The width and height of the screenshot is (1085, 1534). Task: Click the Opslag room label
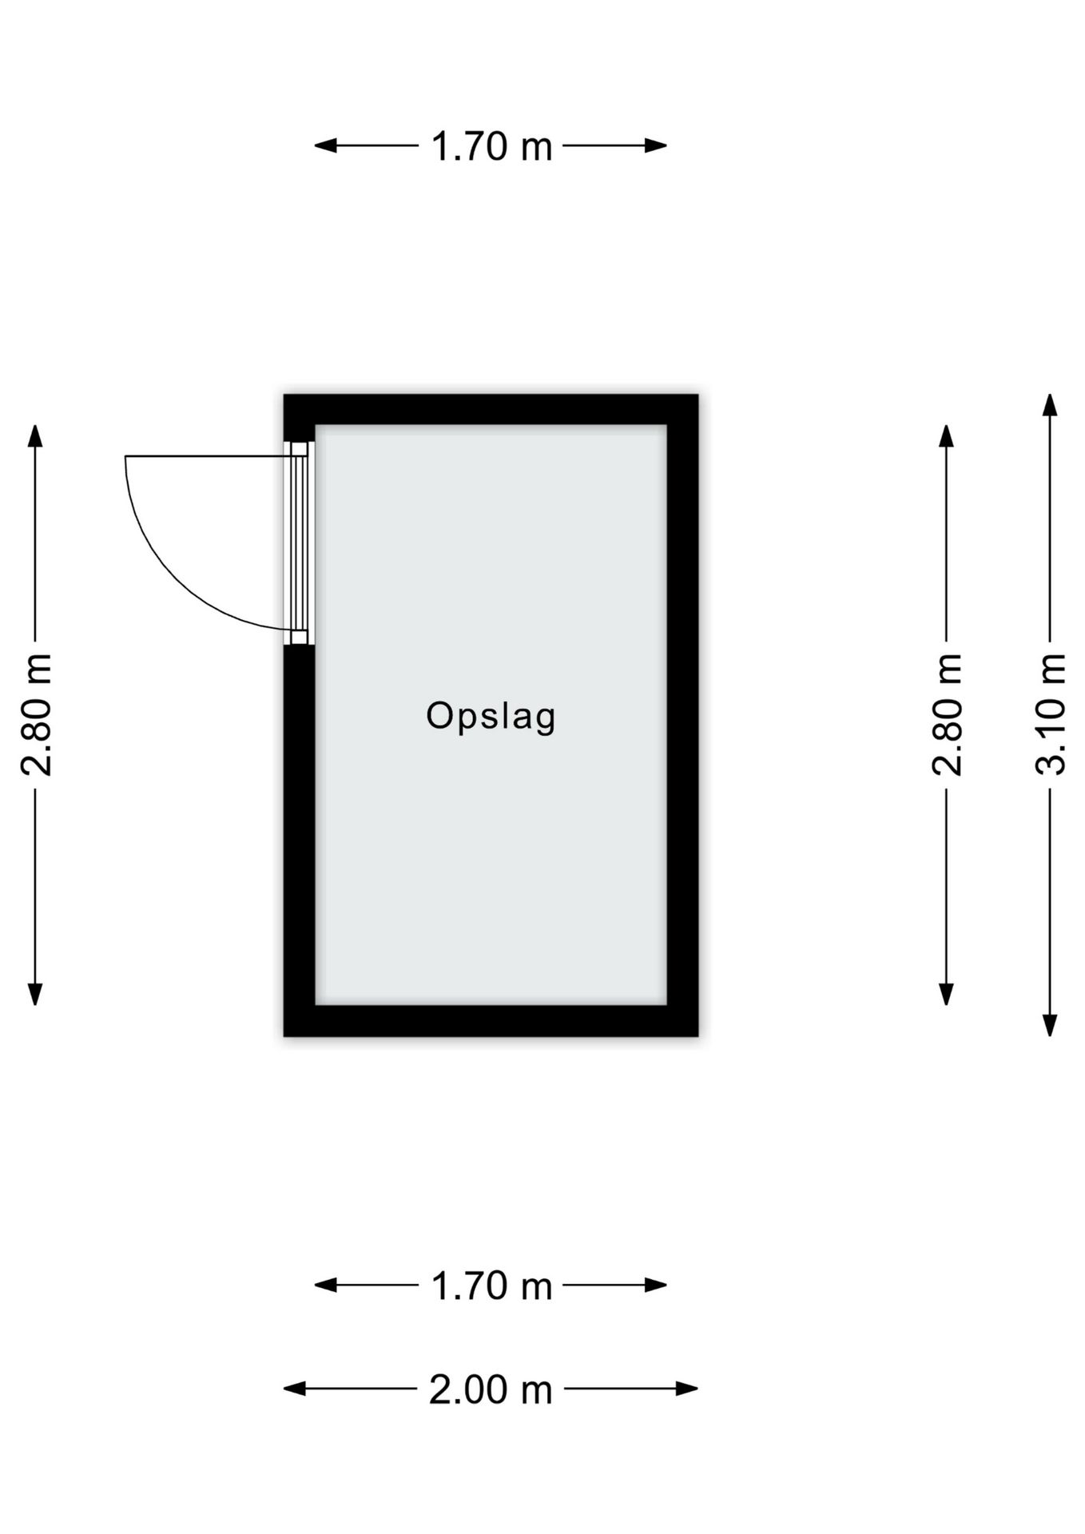pyautogui.click(x=491, y=716)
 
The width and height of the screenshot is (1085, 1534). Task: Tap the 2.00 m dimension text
pyautogui.click(x=491, y=1389)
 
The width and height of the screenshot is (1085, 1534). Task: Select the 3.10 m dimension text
pyautogui.click(x=1051, y=714)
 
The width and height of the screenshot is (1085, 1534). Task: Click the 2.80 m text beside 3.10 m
pyautogui.click(x=947, y=714)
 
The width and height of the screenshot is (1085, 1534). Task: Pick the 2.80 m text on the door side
pyautogui.click(x=36, y=714)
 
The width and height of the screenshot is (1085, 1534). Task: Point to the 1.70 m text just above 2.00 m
pyautogui.click(x=491, y=1286)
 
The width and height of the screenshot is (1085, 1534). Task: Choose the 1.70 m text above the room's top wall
pyautogui.click(x=491, y=146)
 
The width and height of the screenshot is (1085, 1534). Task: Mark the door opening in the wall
pyautogui.click(x=299, y=543)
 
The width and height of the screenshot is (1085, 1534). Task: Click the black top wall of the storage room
pyautogui.click(x=491, y=410)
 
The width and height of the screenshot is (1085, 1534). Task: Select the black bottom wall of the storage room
pyautogui.click(x=491, y=1021)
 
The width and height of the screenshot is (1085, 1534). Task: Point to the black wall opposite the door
pyautogui.click(x=683, y=715)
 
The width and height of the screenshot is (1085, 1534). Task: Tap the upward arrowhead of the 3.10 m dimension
pyautogui.click(x=1051, y=405)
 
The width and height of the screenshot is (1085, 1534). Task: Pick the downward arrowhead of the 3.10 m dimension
pyautogui.click(x=1051, y=1026)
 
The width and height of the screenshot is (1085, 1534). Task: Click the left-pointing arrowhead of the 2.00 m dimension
pyautogui.click(x=295, y=1389)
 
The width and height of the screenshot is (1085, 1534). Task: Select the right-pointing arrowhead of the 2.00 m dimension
pyautogui.click(x=687, y=1389)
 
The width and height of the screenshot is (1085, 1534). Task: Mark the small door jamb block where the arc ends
pyautogui.click(x=299, y=637)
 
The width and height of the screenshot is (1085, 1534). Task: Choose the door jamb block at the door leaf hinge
pyautogui.click(x=299, y=449)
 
